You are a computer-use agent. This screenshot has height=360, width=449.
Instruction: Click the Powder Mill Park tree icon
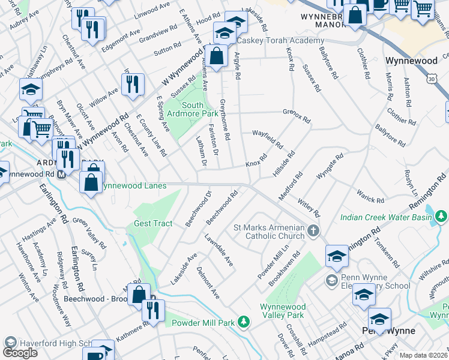point(243,323)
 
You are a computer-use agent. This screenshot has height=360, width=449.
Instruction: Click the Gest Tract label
point(152,223)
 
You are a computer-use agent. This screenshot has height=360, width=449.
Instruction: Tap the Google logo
point(20,352)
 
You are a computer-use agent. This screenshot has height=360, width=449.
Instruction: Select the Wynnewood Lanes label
point(133,186)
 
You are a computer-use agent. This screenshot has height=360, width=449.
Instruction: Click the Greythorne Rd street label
point(225,120)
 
